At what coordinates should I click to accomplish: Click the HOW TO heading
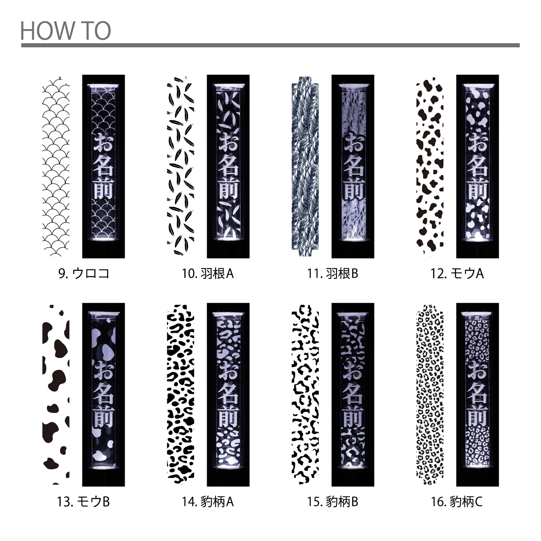pos(66,30)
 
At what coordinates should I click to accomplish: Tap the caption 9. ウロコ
pos(84,273)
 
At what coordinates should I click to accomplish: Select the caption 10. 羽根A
pos(208,273)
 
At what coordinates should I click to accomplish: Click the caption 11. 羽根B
pos(333,273)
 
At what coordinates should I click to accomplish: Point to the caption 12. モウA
pos(457,273)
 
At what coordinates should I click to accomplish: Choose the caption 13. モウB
pos(83,502)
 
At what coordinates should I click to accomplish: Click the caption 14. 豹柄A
pos(208,502)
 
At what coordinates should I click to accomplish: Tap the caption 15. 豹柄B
pos(333,502)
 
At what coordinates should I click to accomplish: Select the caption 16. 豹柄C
pos(457,502)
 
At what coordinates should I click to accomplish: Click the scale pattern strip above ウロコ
pos(56,166)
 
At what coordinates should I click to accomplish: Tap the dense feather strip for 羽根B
pos(305,166)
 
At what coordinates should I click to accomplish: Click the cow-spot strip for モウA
pos(430,166)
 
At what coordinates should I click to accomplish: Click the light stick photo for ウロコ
pos(103,166)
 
